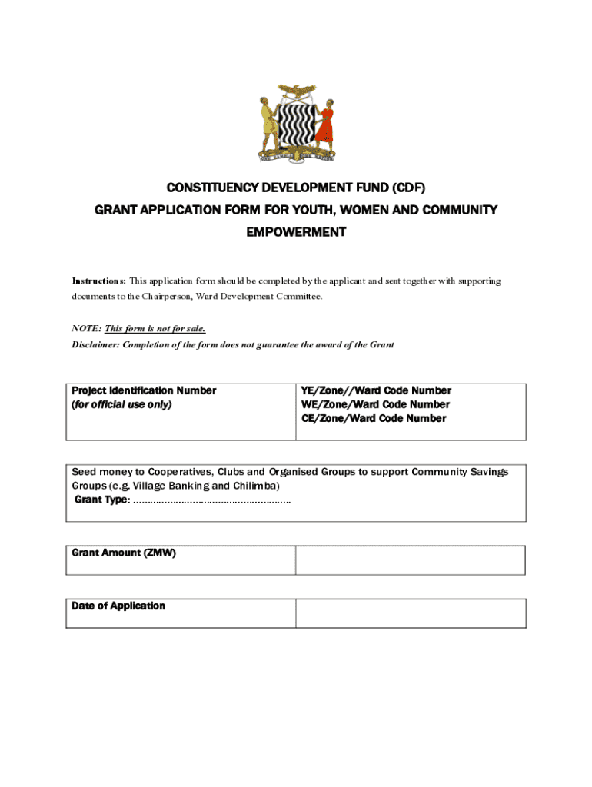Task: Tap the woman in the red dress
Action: (x=326, y=125)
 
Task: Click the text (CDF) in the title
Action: (x=404, y=188)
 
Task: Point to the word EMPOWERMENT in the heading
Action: (x=296, y=232)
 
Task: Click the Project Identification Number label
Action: (x=144, y=390)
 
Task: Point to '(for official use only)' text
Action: (x=121, y=404)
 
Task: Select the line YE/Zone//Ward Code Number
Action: (x=376, y=390)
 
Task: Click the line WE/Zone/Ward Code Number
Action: (x=375, y=404)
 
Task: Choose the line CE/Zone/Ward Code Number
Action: (x=374, y=418)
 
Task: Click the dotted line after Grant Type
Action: (x=212, y=500)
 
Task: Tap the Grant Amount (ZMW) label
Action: (x=124, y=553)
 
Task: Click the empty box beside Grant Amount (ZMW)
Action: (x=411, y=560)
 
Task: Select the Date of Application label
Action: (x=118, y=606)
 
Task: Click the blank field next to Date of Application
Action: (x=411, y=613)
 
